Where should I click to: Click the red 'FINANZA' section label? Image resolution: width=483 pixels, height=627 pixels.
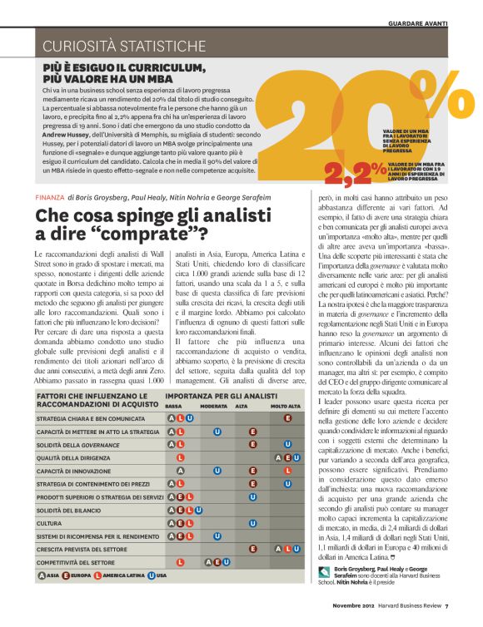click(49, 197)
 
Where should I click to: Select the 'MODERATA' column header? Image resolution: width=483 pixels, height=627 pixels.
click(214, 405)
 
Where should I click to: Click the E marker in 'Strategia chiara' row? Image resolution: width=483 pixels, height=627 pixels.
click(287, 417)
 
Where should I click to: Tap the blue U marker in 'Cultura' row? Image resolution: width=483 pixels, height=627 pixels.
click(251, 523)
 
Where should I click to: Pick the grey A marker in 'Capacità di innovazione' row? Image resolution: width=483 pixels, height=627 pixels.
click(172, 470)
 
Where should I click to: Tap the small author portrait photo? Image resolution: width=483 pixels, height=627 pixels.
click(326, 595)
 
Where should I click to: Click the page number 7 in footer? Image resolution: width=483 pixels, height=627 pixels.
click(446, 616)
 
